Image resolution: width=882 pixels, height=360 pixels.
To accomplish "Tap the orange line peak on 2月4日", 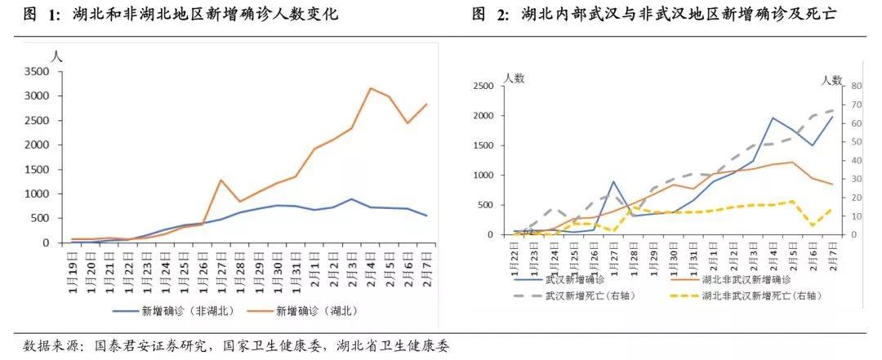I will [371, 88].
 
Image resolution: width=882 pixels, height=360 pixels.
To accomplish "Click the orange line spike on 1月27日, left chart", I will [221, 180].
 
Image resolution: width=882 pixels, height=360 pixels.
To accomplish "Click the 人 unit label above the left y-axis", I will [56, 57].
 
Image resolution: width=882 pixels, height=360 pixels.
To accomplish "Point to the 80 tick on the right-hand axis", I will [857, 86].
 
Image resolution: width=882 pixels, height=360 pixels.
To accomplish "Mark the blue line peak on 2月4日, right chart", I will [773, 118].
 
